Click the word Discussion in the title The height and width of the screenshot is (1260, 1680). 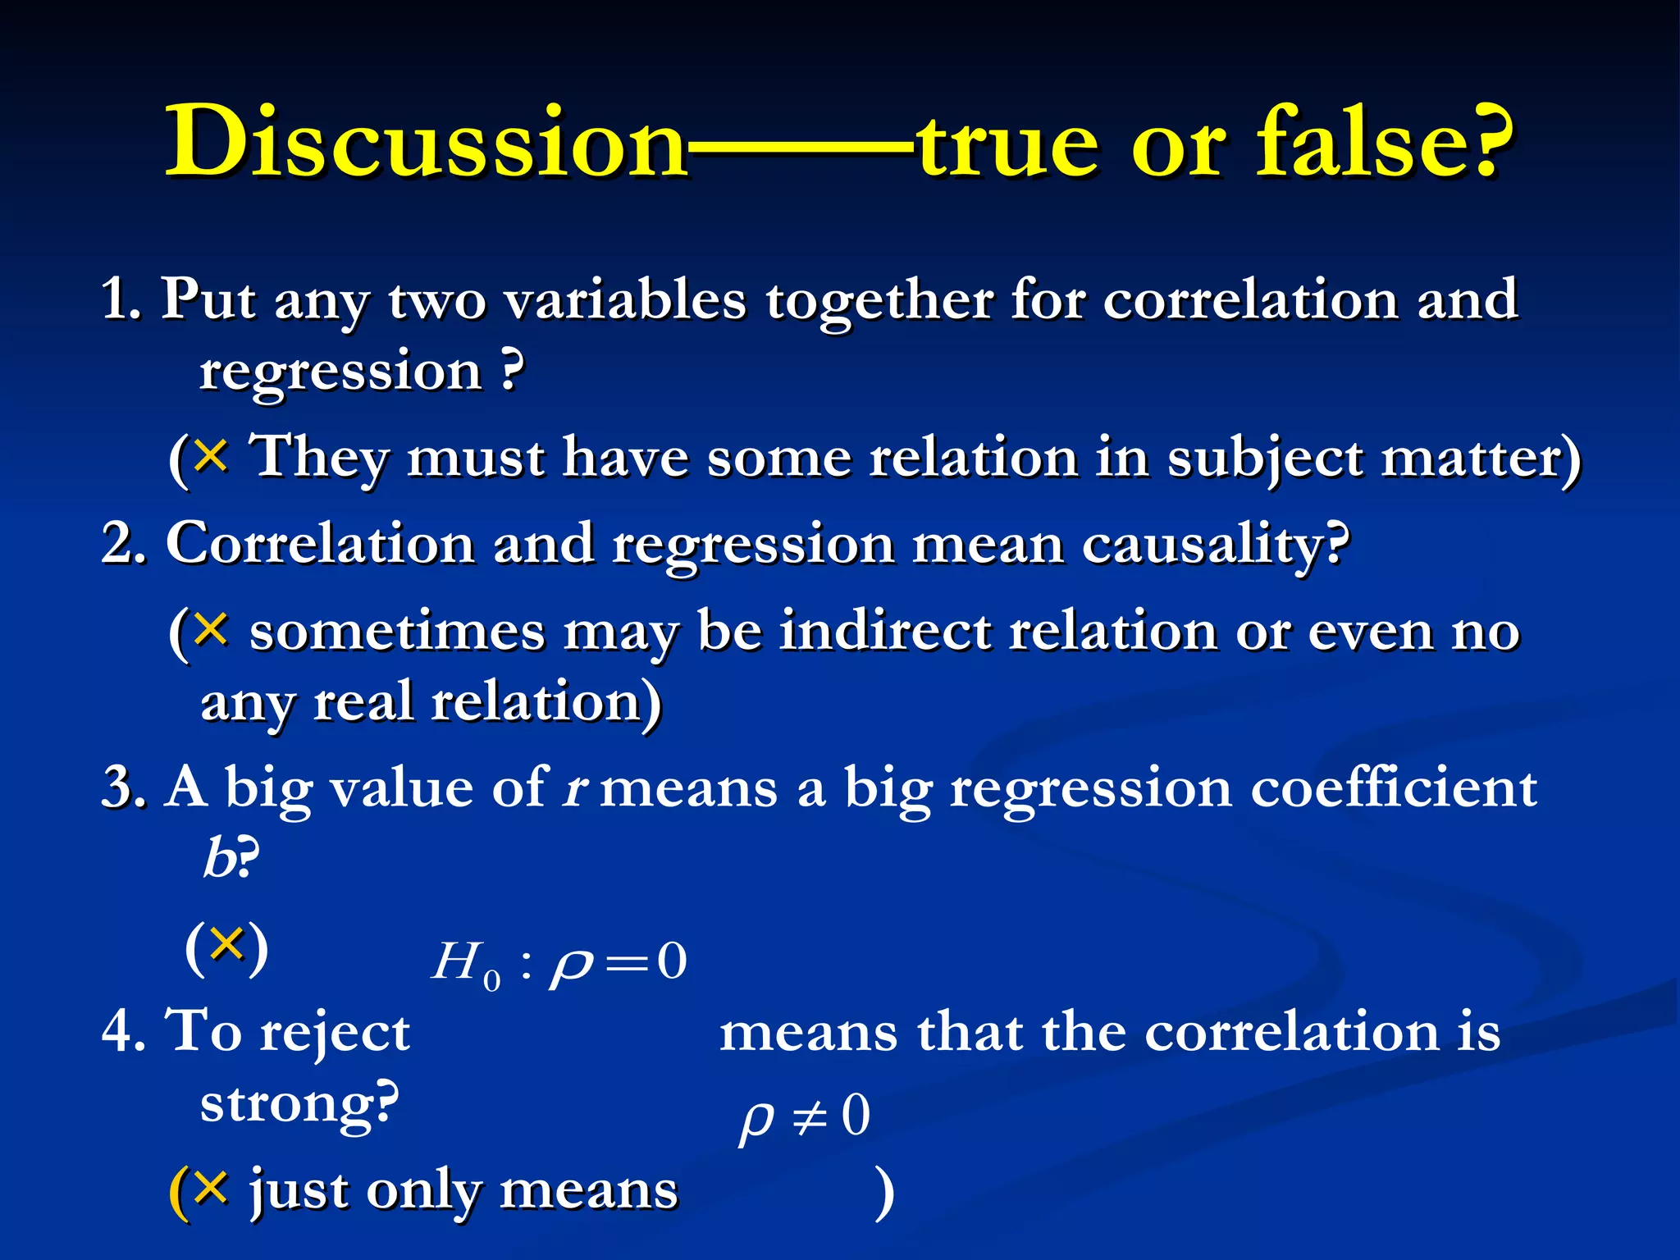(x=426, y=141)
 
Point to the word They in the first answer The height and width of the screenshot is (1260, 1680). (x=317, y=458)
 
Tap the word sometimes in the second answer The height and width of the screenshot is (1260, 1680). (x=397, y=632)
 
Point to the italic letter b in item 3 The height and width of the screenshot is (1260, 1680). (x=217, y=860)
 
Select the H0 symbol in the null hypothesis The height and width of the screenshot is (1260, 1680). (x=464, y=965)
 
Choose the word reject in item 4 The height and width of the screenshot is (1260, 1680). (x=334, y=1032)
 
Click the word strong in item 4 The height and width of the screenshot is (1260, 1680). (x=291, y=1104)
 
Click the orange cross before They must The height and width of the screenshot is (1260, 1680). (x=212, y=454)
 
